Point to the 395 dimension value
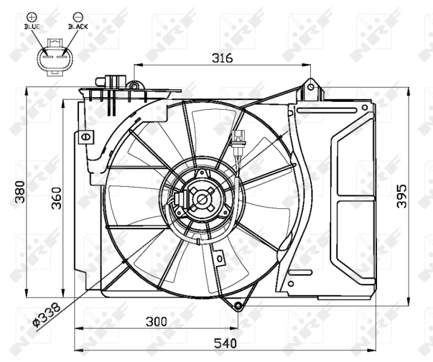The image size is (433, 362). click(401, 196)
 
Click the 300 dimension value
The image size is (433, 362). click(156, 322)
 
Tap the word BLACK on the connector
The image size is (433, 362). click(78, 27)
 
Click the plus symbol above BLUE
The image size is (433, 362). click(31, 17)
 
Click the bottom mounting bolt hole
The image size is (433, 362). click(238, 306)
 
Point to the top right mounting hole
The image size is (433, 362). click(311, 87)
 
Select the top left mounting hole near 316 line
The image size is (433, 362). click(134, 86)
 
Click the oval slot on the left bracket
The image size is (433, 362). click(86, 137)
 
